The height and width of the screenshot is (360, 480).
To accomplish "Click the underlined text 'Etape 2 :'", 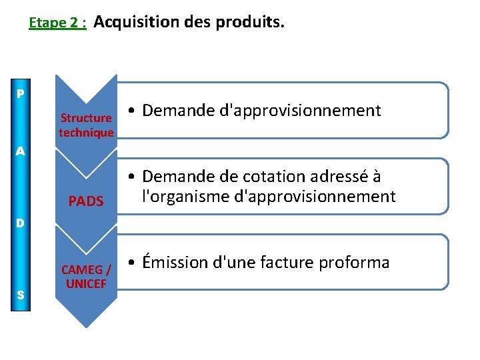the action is [x=57, y=23].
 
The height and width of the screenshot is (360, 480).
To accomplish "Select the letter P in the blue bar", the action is [x=21, y=94].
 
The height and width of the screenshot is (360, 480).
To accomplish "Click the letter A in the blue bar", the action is [x=21, y=151].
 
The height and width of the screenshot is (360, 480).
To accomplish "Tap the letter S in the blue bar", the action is [x=21, y=295].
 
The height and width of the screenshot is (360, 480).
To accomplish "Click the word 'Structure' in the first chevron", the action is [x=86, y=119].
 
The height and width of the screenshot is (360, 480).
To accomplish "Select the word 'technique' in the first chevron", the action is [x=86, y=133].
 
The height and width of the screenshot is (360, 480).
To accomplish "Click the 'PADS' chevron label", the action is [x=86, y=201].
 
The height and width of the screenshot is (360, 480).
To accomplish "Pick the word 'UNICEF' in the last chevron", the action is [x=86, y=283].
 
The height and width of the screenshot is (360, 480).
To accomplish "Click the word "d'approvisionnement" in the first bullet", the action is [x=304, y=111].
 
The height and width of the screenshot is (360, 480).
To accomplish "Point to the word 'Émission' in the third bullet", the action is [x=175, y=262].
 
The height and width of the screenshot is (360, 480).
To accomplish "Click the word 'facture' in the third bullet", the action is [x=296, y=263].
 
